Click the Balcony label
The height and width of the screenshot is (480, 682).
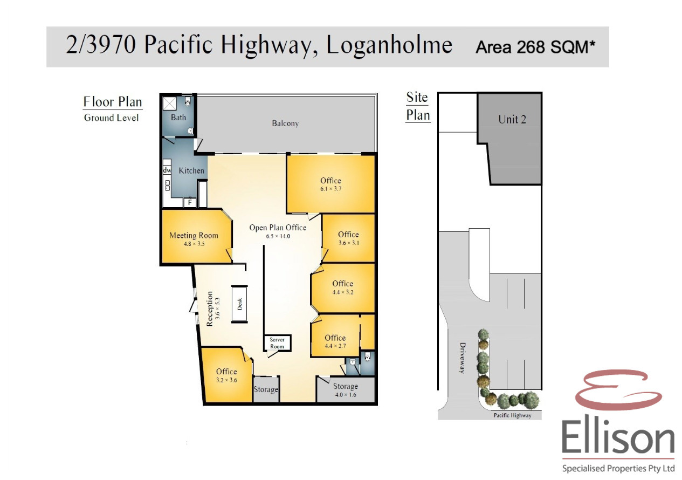[285, 124]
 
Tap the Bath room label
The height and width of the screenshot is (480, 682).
[178, 117]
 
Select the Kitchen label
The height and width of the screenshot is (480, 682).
[191, 170]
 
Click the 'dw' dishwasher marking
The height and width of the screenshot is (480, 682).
[167, 170]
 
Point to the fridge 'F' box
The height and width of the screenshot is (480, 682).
[190, 202]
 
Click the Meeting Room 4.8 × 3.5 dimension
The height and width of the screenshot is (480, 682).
[194, 244]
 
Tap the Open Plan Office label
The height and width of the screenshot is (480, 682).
[278, 228]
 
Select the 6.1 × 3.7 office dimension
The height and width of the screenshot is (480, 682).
[330, 189]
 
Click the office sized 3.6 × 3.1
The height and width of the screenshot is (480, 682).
[348, 238]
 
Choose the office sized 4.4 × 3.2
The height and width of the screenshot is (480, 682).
[343, 288]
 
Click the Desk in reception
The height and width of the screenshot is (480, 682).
[239, 304]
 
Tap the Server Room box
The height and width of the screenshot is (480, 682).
[277, 343]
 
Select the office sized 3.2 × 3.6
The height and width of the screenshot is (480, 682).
[226, 375]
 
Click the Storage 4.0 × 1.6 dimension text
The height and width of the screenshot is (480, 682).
[346, 395]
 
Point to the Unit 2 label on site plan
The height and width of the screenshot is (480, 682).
[512, 119]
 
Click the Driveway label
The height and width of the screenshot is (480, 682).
[462, 358]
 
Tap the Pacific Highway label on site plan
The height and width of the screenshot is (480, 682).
[512, 415]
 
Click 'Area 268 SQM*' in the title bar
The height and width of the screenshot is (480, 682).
[535, 47]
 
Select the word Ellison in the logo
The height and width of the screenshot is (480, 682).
[618, 438]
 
